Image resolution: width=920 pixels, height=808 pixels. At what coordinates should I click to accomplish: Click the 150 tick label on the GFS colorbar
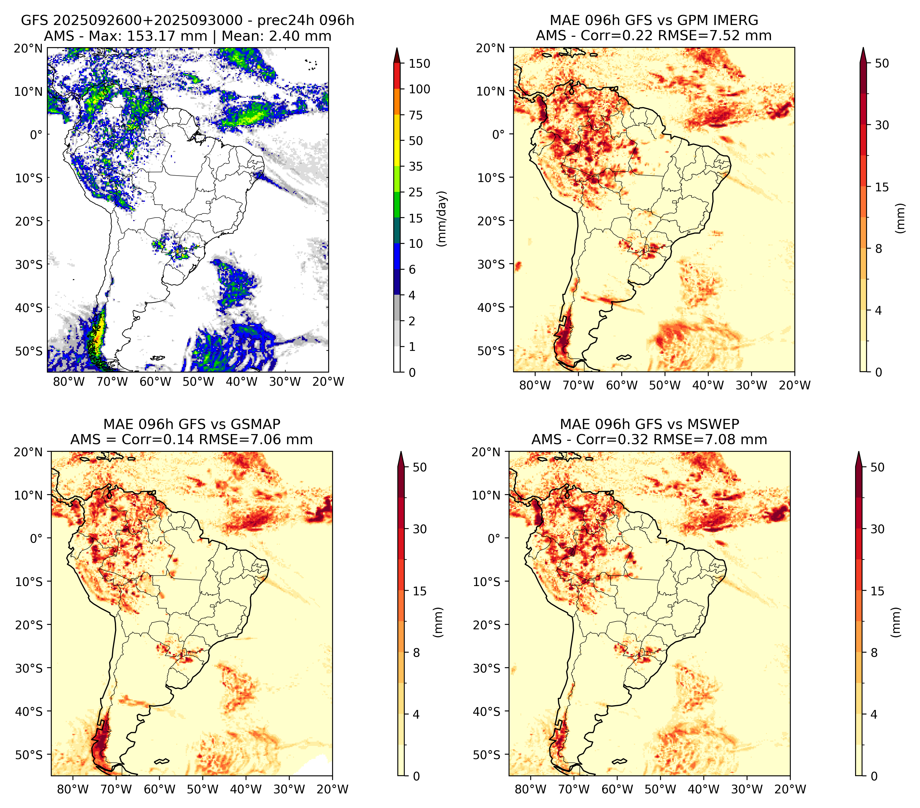click(x=420, y=63)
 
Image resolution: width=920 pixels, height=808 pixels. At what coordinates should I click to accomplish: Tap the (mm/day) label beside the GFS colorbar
click(x=443, y=219)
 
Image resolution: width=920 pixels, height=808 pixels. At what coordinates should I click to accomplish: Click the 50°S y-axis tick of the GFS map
click(x=29, y=351)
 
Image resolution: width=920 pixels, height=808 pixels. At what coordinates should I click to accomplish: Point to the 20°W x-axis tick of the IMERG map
click(x=794, y=385)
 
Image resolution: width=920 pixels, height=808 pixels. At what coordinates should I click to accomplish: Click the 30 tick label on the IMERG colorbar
click(x=882, y=125)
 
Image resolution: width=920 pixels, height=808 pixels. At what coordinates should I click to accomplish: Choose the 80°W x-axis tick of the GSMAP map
click(x=73, y=789)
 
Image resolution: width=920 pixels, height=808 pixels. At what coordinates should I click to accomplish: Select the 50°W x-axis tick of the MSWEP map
click(x=660, y=789)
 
